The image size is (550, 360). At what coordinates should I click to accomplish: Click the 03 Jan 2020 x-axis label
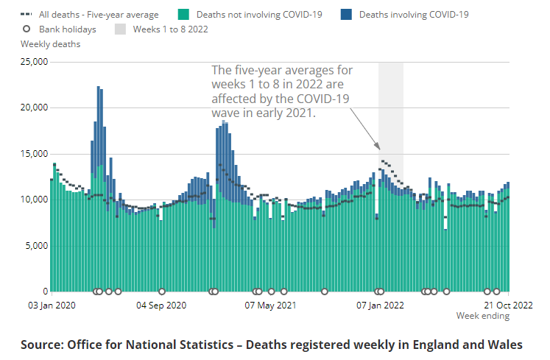[52, 305]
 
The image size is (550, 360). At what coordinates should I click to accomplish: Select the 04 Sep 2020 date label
[161, 305]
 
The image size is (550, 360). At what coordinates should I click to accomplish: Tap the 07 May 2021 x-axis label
[271, 305]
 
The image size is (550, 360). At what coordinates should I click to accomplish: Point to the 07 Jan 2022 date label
[380, 305]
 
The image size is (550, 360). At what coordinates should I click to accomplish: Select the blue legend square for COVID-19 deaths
[346, 14]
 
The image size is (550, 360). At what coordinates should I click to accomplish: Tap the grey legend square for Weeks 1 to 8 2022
[121, 29]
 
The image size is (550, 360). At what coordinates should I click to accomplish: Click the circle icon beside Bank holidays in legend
[26, 29]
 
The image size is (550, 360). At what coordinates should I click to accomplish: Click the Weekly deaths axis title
[50, 44]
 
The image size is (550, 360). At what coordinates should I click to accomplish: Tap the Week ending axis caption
[482, 316]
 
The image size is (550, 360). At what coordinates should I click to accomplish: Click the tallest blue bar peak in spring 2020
[98, 88]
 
